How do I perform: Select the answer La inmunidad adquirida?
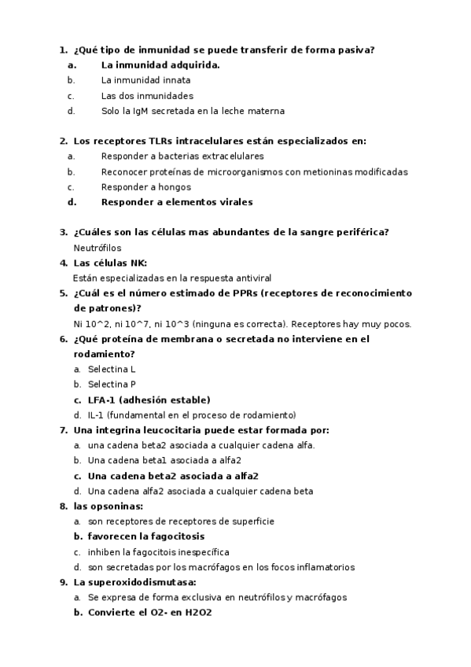tap(160, 65)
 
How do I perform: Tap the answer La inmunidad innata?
tap(145, 80)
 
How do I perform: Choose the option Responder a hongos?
tap(145, 187)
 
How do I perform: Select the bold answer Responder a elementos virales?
tap(177, 202)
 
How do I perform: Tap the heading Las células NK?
tap(109, 263)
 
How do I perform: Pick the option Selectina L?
tap(112, 369)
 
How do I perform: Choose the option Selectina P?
tap(112, 385)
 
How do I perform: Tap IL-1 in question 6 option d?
tap(96, 415)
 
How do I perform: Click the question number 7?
tap(63, 430)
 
